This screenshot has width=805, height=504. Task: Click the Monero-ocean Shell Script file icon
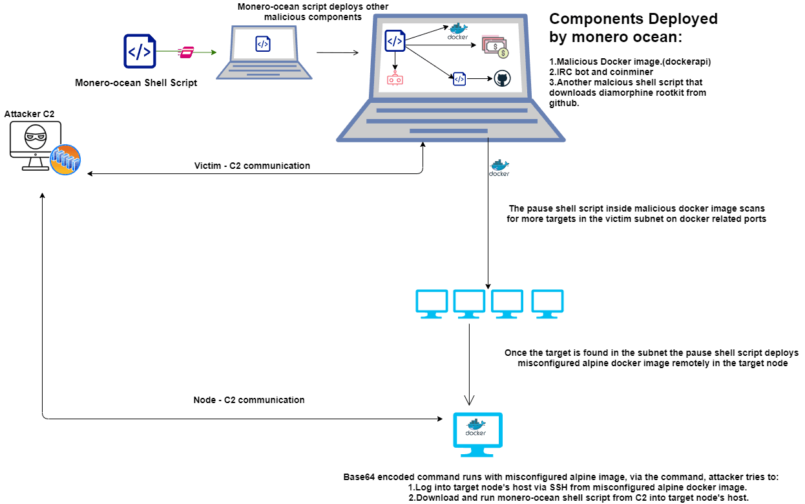[x=140, y=51]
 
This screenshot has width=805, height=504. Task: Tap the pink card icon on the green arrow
[x=186, y=52]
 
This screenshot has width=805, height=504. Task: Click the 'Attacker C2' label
[x=29, y=114]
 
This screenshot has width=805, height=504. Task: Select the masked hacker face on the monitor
[x=36, y=137]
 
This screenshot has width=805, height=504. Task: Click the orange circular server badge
[x=65, y=160]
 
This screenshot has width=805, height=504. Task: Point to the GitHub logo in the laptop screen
[x=502, y=78]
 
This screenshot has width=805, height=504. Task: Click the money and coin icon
[x=495, y=47]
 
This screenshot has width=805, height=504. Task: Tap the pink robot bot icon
[x=395, y=78]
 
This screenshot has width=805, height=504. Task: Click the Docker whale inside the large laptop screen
[x=458, y=31]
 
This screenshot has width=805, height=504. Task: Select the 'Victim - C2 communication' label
[x=252, y=166]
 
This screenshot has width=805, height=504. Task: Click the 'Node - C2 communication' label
[x=249, y=400]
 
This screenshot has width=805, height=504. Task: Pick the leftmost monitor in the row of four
[x=432, y=304]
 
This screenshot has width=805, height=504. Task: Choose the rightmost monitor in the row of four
[x=547, y=304]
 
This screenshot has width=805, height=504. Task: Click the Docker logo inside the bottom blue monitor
[x=476, y=428]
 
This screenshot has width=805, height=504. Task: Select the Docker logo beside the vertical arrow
[x=499, y=168]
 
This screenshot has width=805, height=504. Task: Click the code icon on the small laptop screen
[x=263, y=44]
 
